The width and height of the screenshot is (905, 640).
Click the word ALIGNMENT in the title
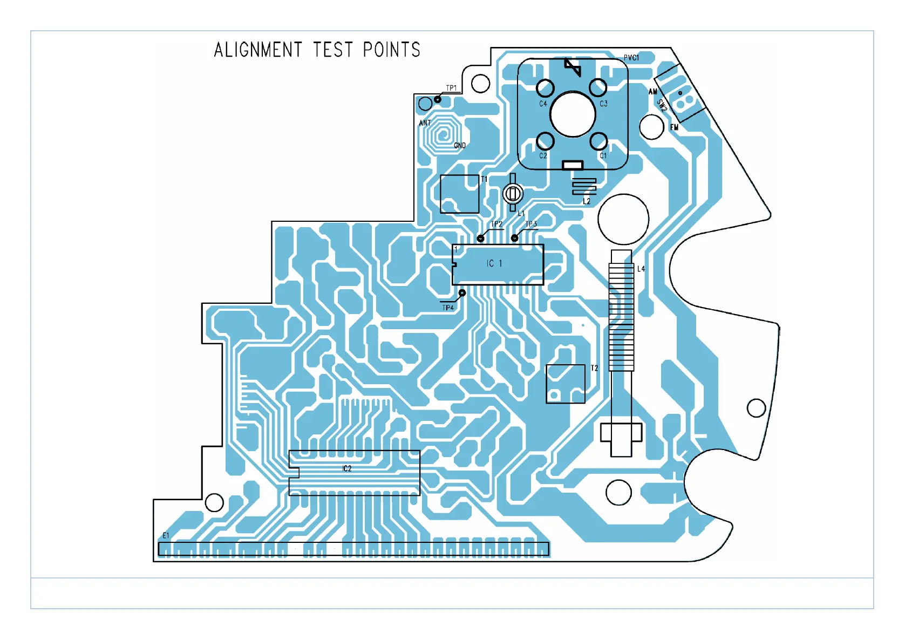pos(257,50)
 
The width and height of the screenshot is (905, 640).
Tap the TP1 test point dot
pos(438,99)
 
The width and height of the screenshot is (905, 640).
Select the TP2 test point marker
pos(480,238)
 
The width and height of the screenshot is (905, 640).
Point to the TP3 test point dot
pos(514,237)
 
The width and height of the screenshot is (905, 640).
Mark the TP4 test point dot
pos(462,293)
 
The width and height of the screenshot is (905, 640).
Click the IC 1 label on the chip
pos(494,263)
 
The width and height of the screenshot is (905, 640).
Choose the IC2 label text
pos(347,468)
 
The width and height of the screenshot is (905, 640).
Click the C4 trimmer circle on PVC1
pos(545,87)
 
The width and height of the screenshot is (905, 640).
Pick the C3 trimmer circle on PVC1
pos(597,87)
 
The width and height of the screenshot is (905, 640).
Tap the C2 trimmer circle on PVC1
pos(545,141)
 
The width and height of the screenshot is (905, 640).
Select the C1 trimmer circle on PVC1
pos(598,141)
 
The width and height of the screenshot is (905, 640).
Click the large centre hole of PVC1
pos(573,114)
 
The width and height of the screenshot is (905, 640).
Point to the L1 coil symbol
pos(513,193)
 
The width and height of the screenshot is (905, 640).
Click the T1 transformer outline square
pos(460,194)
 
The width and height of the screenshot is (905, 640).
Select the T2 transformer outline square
pos(566,384)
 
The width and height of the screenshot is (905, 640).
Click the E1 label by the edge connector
pos(166,535)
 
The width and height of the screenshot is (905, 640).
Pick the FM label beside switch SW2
pos(674,127)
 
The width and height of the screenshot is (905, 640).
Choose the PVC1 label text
pos(631,58)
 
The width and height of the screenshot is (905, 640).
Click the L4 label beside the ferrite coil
pos(641,269)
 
